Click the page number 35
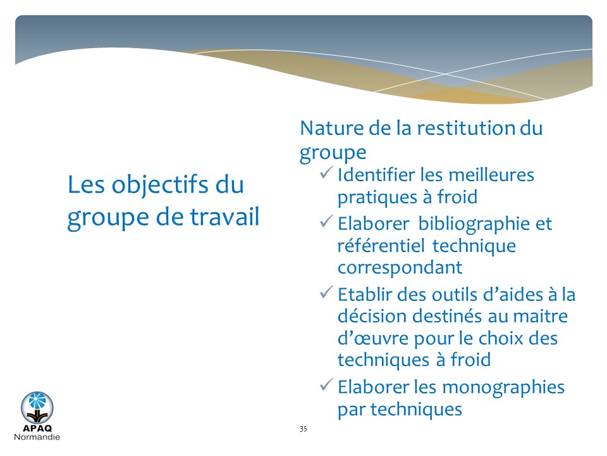pyautogui.click(x=303, y=429)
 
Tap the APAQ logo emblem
pyautogui.click(x=37, y=407)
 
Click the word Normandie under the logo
pyautogui.click(x=37, y=437)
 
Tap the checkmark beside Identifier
pyautogui.click(x=326, y=172)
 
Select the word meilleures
pyautogui.click(x=491, y=175)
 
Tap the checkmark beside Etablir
pyautogui.click(x=326, y=292)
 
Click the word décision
pyautogui.click(x=372, y=316)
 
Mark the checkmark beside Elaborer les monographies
pyautogui.click(x=326, y=384)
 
